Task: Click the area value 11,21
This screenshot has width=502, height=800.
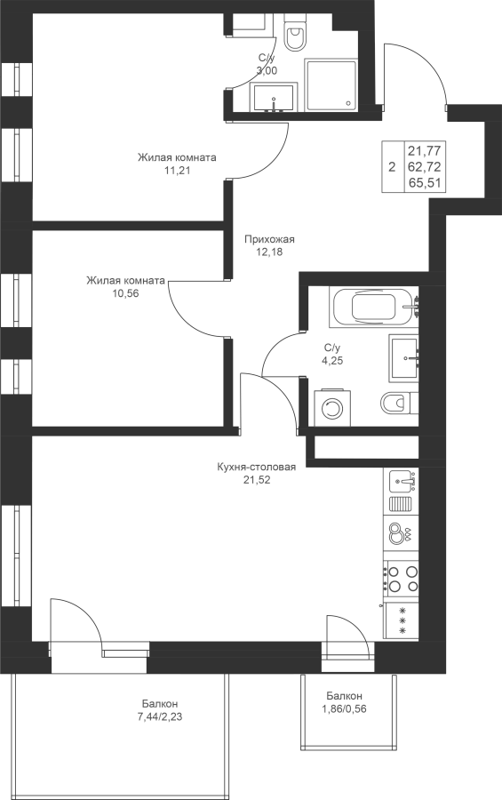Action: tap(177, 171)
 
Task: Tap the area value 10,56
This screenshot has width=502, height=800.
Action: tap(125, 293)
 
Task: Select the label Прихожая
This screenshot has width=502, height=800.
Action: tap(269, 239)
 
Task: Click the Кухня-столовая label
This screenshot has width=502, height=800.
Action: tap(257, 467)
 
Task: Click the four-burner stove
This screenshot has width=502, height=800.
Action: tap(401, 579)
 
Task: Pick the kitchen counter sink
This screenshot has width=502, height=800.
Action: tap(402, 481)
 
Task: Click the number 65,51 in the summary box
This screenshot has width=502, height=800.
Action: tap(425, 183)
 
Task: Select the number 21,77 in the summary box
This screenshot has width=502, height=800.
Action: tap(425, 150)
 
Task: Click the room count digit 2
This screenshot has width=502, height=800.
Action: tap(392, 167)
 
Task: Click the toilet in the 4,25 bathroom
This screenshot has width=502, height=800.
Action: tap(399, 404)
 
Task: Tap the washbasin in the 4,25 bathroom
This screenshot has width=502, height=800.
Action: tap(404, 358)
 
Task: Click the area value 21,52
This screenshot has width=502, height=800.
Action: tap(257, 480)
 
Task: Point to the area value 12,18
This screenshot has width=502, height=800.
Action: tap(269, 252)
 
